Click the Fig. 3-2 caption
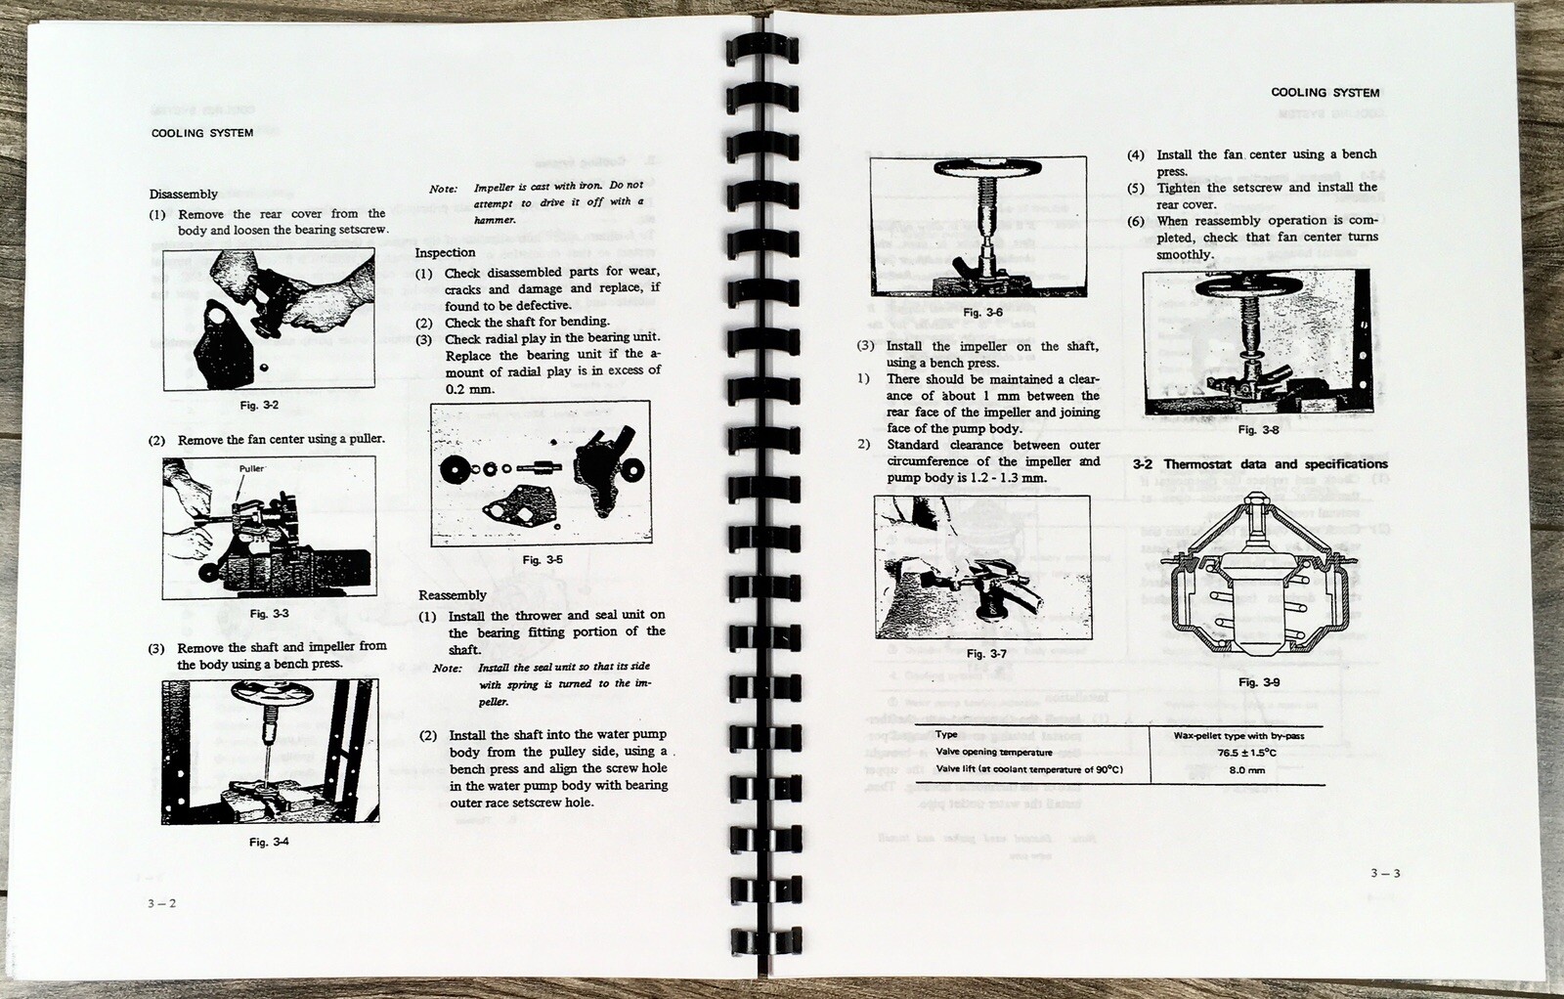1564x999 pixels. pos(259,405)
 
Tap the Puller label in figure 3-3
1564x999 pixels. pos(251,468)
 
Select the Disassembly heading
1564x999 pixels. pos(184,195)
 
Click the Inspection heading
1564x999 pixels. pos(445,252)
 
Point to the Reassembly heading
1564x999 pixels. pos(452,595)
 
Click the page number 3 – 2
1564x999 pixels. pos(162,903)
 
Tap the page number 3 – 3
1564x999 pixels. pos(1385,873)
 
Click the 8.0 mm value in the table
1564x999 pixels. pos(1246,770)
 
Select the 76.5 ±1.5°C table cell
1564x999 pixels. pos(1246,753)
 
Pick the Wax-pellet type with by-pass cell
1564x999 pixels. pos(1238,735)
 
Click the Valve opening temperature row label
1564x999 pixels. pos(993,752)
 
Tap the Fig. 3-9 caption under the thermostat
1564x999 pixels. pos(1259,682)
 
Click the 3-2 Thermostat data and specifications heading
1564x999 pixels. pos(1260,464)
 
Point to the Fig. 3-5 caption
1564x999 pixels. pos(543,560)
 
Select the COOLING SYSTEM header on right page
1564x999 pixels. pos(1325,93)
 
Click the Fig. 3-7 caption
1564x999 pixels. pos(986,654)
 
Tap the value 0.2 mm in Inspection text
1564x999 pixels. pos(469,389)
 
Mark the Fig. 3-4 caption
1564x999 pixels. pos(269,842)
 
